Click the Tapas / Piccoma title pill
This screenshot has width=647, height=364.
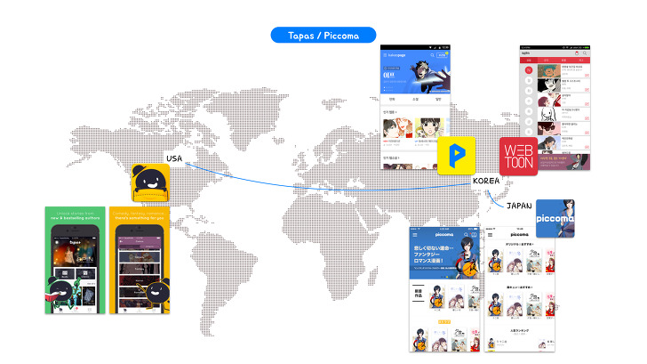pyautogui.click(x=323, y=35)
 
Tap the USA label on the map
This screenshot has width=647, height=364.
pyautogui.click(x=175, y=158)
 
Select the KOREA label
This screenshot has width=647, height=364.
pyautogui.click(x=487, y=181)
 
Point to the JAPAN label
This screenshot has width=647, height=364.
pyautogui.click(x=519, y=206)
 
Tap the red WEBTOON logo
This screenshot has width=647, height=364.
pyautogui.click(x=518, y=157)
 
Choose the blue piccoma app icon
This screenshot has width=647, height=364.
pyautogui.click(x=557, y=217)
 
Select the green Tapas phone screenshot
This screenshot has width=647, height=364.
pyautogui.click(x=75, y=259)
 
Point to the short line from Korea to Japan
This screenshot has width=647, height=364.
pyautogui.click(x=502, y=193)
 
